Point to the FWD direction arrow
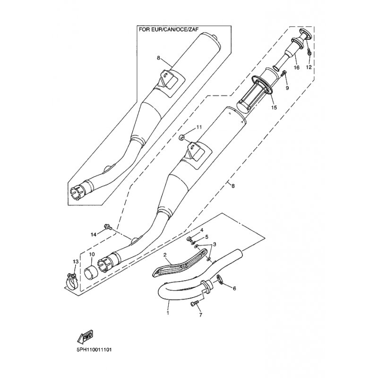[x=84, y=337]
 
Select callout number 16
[x=297, y=68]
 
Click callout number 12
[x=309, y=68]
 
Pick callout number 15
[x=274, y=108]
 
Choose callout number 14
[x=94, y=234]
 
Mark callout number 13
[x=75, y=261]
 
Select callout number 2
[x=165, y=255]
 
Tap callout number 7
[x=200, y=314]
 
